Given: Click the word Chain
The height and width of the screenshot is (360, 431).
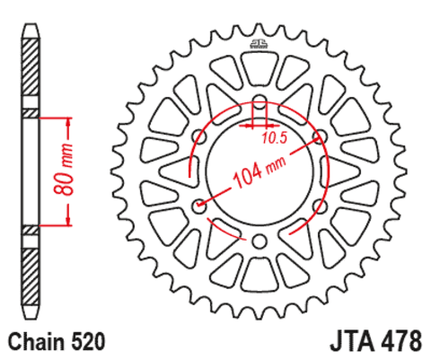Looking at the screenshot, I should (x=33, y=341).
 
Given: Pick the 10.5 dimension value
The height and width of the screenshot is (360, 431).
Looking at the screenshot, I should (x=275, y=138).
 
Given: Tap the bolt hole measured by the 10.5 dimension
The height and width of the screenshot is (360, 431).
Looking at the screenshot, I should (x=259, y=101).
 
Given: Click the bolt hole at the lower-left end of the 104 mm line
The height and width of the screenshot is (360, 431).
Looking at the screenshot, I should (x=199, y=206).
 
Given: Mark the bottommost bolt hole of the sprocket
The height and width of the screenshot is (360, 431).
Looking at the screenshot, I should (x=259, y=241).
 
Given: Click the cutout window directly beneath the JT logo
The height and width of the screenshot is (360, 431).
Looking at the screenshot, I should (x=259, y=67).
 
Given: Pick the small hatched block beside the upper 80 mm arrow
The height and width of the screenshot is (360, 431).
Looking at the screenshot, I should (x=31, y=113).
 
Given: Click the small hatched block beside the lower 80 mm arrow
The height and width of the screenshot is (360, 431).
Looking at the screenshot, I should (x=31, y=230).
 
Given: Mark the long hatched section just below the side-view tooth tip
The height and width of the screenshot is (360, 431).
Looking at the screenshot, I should (x=31, y=72).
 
